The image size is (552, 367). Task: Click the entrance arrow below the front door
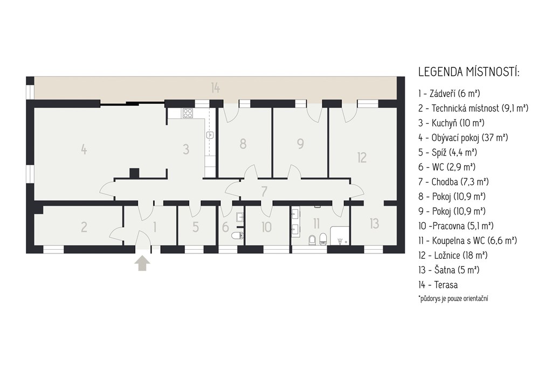142,263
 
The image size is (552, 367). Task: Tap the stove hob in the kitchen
188,113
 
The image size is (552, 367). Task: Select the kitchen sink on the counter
210,135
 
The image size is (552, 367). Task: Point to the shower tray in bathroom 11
340,236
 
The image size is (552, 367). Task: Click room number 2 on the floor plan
84,227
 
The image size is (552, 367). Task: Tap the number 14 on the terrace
216,88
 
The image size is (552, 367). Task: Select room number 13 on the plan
374,223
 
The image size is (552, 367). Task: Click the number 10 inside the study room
266,227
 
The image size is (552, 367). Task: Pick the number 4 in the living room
84,150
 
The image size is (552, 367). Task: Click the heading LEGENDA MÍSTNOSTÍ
469,72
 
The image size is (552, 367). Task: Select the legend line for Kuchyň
451,123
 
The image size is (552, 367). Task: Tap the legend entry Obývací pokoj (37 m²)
463,137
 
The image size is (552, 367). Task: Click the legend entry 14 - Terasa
438,285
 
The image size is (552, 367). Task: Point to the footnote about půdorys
453,299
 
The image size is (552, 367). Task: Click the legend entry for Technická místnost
473,108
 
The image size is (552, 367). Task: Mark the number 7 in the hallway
264,192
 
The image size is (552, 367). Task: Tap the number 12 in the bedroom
362,158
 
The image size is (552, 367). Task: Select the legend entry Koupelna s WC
467,241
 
